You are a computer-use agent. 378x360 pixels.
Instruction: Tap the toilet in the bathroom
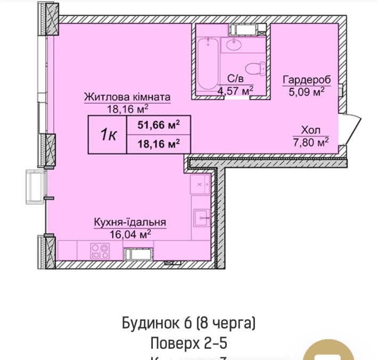254,68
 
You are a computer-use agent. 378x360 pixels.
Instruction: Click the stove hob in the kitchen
98,249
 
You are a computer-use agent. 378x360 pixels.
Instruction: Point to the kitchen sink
201,215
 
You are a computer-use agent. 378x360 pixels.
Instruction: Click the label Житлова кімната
127,97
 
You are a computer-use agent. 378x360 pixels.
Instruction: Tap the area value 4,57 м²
234,91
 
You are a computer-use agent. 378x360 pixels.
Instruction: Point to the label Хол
311,130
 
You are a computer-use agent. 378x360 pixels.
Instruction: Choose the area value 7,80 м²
311,141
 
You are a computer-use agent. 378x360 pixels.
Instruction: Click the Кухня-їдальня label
130,222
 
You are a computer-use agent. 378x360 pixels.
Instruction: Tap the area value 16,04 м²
130,233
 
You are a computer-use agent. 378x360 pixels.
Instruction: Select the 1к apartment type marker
108,135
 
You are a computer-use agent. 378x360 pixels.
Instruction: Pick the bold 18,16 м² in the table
158,144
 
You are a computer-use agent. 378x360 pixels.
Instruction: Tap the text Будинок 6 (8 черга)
189,323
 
